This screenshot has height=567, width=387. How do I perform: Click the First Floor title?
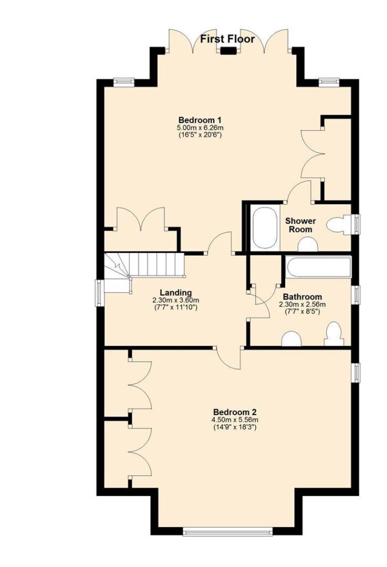point(228,39)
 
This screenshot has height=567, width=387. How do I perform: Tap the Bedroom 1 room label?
point(200,120)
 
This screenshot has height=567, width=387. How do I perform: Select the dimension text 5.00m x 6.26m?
point(200,128)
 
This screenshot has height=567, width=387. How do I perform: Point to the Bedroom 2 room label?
point(235,412)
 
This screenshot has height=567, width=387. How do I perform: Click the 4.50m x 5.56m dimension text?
point(235,420)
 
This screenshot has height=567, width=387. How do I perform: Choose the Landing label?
point(176,292)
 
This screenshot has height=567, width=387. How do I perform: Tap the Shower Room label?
point(301,225)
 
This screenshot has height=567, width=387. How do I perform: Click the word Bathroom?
point(302,297)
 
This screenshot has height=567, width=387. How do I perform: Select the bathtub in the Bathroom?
point(318,267)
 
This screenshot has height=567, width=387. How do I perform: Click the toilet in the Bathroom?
point(334,334)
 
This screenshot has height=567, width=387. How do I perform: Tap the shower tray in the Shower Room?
point(266,228)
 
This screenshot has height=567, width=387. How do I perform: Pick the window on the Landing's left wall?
point(100,293)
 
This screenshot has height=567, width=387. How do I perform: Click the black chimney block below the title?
point(229,51)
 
